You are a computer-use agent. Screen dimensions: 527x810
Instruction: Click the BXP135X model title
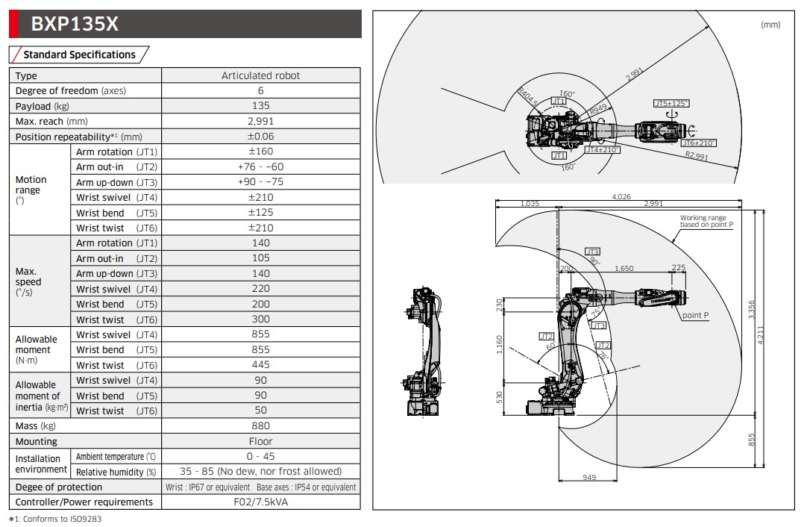75,24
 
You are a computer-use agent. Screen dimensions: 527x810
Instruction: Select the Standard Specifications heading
79,54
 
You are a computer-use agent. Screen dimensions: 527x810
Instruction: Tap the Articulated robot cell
260,75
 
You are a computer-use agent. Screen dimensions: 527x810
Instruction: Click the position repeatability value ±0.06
260,137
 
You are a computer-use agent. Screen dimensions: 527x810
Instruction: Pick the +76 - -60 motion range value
260,167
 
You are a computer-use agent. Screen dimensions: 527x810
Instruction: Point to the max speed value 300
260,319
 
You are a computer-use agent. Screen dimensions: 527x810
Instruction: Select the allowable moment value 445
260,365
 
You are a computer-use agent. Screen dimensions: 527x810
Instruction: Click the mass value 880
260,426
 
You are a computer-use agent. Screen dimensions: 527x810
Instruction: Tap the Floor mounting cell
260,441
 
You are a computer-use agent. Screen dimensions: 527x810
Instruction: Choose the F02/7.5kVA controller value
260,502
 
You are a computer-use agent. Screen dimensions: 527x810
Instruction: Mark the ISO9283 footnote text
54,520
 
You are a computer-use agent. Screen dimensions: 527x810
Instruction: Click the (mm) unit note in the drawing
770,25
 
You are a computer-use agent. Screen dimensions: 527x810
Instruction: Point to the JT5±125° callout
671,104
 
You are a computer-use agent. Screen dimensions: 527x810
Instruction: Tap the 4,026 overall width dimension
621,197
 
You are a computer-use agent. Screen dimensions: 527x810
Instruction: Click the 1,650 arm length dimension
624,268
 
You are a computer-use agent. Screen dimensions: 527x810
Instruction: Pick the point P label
695,316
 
